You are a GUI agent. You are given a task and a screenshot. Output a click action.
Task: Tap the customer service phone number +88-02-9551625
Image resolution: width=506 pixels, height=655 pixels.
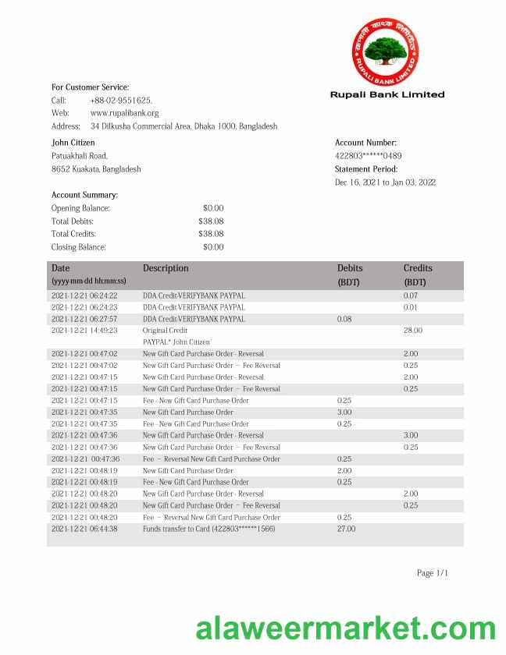coord(121,100)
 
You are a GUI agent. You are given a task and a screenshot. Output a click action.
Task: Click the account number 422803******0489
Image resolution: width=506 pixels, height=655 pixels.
coord(369,156)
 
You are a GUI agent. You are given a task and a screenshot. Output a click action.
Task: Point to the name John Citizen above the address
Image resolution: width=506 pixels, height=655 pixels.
coord(73,143)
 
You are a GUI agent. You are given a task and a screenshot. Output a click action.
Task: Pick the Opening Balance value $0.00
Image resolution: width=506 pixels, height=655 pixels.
coord(213,208)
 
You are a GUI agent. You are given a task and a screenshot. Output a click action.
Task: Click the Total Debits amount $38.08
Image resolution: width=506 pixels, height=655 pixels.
coord(211,221)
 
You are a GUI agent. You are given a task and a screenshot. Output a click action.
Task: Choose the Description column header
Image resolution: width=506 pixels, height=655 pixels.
coord(166,268)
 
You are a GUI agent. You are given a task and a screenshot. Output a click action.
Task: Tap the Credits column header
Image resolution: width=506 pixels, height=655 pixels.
coord(418,268)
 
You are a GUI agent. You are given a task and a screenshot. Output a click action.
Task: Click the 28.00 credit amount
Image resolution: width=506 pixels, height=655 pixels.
coord(413,331)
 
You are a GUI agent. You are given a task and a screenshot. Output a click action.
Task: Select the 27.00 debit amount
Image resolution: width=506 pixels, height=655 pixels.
coord(346,529)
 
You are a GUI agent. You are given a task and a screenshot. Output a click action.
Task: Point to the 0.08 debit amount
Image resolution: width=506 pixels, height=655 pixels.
coord(344,319)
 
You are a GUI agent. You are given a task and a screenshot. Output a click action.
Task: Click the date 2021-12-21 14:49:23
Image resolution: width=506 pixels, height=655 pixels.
coord(84,331)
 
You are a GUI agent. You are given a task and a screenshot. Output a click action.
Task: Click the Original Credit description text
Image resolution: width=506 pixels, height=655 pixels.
coord(166,331)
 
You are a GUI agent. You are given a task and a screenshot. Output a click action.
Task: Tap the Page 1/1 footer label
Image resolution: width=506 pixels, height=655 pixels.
coord(433,573)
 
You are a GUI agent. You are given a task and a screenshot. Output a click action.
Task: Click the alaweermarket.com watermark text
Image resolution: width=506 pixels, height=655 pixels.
coord(345,628)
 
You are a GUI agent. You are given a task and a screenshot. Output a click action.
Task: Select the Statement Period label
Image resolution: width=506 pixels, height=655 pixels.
coord(366,169)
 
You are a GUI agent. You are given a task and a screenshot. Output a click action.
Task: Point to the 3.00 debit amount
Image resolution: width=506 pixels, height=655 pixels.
coord(344,412)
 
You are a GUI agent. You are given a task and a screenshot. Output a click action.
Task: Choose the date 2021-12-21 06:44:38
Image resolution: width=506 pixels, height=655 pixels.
coord(84,529)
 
